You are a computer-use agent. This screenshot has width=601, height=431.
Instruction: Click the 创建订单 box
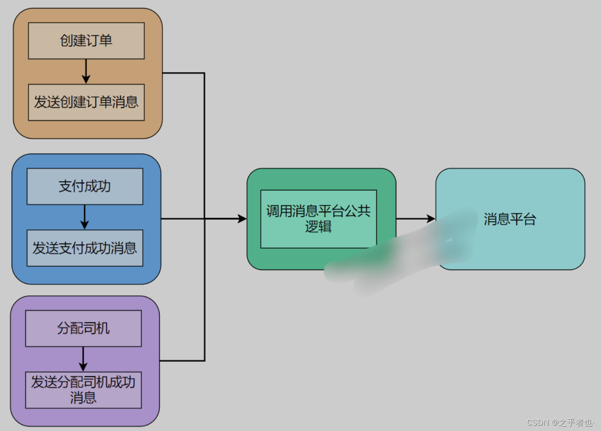pyautogui.click(x=86, y=41)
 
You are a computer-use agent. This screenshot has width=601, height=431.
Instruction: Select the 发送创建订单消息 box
pyautogui.click(x=86, y=102)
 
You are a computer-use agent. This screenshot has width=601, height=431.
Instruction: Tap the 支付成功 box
pyautogui.click(x=85, y=186)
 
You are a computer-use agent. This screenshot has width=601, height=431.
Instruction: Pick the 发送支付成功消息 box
pyautogui.click(x=85, y=248)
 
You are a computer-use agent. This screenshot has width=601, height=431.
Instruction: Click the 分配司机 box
pyautogui.click(x=83, y=328)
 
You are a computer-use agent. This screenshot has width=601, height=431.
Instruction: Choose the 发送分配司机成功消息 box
pyautogui.click(x=83, y=390)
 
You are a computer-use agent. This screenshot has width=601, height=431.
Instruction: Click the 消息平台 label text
pyautogui.click(x=510, y=219)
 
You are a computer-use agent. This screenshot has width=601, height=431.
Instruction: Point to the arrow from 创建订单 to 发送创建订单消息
pyautogui.click(x=86, y=71)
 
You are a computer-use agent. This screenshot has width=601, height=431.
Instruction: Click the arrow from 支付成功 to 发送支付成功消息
pyautogui.click(x=85, y=217)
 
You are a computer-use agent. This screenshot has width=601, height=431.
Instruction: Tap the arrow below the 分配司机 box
pyautogui.click(x=83, y=359)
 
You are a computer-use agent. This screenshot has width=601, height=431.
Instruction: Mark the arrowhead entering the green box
pyautogui.click(x=243, y=219)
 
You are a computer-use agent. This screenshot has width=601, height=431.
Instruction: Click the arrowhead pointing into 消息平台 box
pyautogui.click(x=431, y=219)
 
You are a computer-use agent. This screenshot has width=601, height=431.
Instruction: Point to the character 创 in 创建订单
pyautogui.click(x=66, y=41)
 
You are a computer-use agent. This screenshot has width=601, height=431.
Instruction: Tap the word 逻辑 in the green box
pyautogui.click(x=318, y=227)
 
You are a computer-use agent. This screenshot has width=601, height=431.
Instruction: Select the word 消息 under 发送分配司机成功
pyautogui.click(x=83, y=398)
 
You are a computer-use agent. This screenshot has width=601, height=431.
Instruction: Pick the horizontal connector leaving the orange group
pyautogui.click(x=183, y=73)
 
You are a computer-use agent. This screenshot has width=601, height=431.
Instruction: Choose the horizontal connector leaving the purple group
pyautogui.click(x=182, y=361)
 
